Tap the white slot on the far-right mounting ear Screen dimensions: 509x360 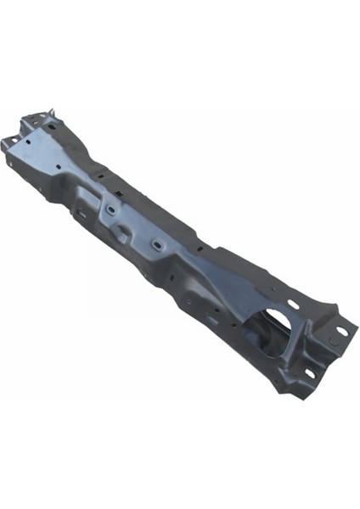pyautogui.click(x=341, y=331)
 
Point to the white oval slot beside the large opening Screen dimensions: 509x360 pyautogui.click(x=293, y=305)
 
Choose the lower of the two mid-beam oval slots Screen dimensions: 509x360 pyautogui.click(x=156, y=244)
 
